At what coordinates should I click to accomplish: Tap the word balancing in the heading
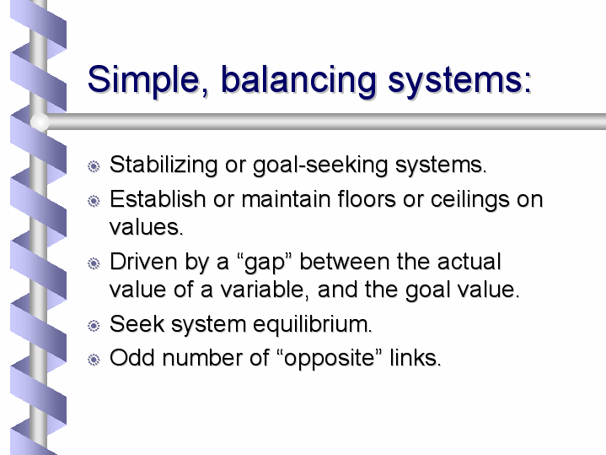coord(298,80)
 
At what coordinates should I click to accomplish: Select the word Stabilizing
coord(164,165)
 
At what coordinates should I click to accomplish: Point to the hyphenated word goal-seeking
coord(320,165)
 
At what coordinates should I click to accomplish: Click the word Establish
coord(158,199)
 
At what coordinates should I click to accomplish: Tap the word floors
coord(367,199)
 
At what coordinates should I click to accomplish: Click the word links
coord(415,357)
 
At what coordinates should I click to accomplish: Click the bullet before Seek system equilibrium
coord(94,326)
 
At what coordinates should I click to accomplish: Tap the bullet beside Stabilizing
coord(94,166)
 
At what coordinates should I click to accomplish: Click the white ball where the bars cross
coord(40,122)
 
